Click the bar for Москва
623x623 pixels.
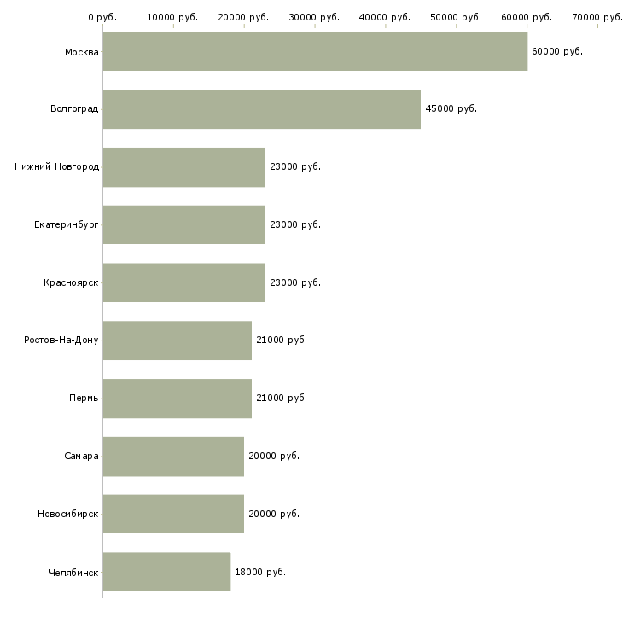[x=315, y=51]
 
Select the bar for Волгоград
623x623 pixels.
[x=261, y=109]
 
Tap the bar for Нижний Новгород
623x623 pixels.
[x=183, y=167]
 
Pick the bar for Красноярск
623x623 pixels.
[x=183, y=282]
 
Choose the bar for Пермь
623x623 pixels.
[x=177, y=399]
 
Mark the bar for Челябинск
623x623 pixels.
[x=166, y=572]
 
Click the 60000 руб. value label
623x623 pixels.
[x=556, y=51]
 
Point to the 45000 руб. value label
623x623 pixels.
[x=451, y=109]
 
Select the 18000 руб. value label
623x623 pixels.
[x=259, y=572]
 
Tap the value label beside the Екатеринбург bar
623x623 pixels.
[x=294, y=224]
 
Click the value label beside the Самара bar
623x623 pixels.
[x=273, y=456]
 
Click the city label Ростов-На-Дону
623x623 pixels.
[x=61, y=341]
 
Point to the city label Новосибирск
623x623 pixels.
[x=67, y=514]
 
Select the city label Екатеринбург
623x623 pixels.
[x=67, y=225]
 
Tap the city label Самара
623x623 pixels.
[x=81, y=456]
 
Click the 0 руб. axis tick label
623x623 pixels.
[x=102, y=17]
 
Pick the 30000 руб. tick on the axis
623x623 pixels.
[x=314, y=17]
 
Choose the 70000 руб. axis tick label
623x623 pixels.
[x=597, y=17]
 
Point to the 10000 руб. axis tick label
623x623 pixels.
[x=172, y=17]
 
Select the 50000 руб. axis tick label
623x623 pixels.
[x=456, y=17]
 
